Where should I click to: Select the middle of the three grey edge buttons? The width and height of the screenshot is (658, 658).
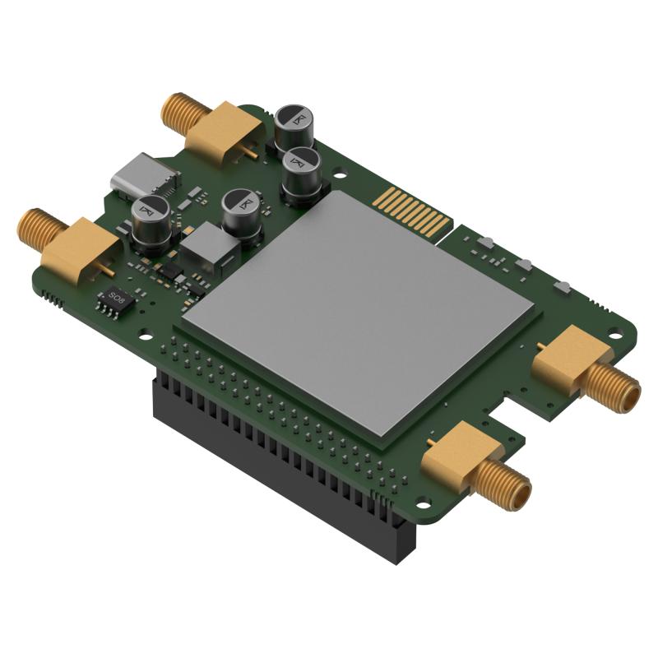point(523,265)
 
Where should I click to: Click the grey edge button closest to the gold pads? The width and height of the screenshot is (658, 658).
point(484,243)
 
